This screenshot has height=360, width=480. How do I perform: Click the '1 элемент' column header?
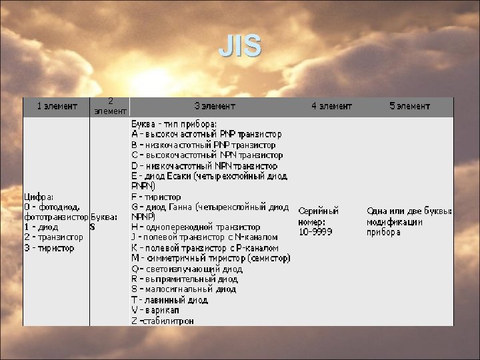click(57, 105)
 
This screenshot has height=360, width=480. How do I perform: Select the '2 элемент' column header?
click(110, 106)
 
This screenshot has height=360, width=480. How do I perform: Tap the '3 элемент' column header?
click(215, 105)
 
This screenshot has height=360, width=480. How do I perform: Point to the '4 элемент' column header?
click(331, 105)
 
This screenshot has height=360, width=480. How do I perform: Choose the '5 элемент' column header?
click(409, 105)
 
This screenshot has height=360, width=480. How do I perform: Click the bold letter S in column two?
click(93, 227)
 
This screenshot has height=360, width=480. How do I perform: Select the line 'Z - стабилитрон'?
click(163, 321)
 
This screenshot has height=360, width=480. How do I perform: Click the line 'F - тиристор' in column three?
click(156, 197)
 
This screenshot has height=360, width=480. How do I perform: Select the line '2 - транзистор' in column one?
click(54, 237)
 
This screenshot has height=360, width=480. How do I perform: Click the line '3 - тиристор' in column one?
click(49, 247)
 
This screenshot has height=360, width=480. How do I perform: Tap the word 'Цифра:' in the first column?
click(39, 197)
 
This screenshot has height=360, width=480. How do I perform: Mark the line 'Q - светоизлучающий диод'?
click(187, 269)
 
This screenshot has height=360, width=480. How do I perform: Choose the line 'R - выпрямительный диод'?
click(185, 279)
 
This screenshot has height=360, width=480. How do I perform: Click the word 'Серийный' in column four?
click(318, 211)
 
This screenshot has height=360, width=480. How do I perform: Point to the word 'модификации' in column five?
click(395, 221)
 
